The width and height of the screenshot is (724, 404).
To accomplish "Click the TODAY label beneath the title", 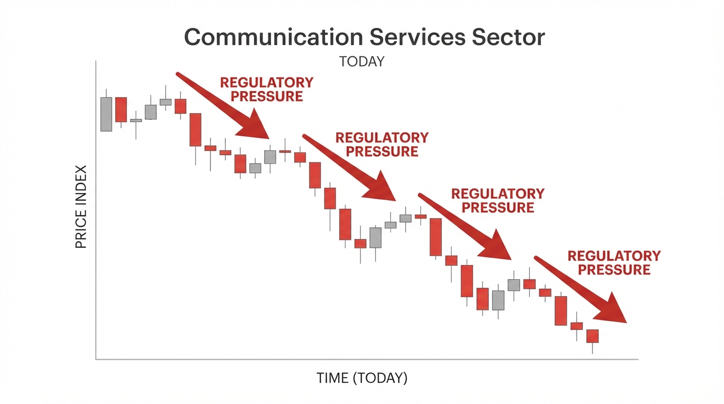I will [x=362, y=62].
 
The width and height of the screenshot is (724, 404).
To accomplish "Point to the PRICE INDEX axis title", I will [x=81, y=207].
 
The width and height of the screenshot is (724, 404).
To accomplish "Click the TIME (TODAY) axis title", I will [x=362, y=378].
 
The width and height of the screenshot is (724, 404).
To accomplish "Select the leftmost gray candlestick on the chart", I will [x=106, y=114].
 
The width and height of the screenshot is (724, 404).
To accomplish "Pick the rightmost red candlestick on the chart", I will [x=593, y=336].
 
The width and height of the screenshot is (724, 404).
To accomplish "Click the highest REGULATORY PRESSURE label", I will [x=267, y=89].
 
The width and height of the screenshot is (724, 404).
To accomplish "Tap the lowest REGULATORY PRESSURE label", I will [x=614, y=262].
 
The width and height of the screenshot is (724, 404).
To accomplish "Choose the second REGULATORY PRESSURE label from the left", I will [x=382, y=145].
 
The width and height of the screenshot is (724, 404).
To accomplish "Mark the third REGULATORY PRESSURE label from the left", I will [x=498, y=200].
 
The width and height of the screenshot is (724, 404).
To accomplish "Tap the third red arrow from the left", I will [x=465, y=226].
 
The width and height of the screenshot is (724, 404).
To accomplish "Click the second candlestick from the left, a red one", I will [x=122, y=109].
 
